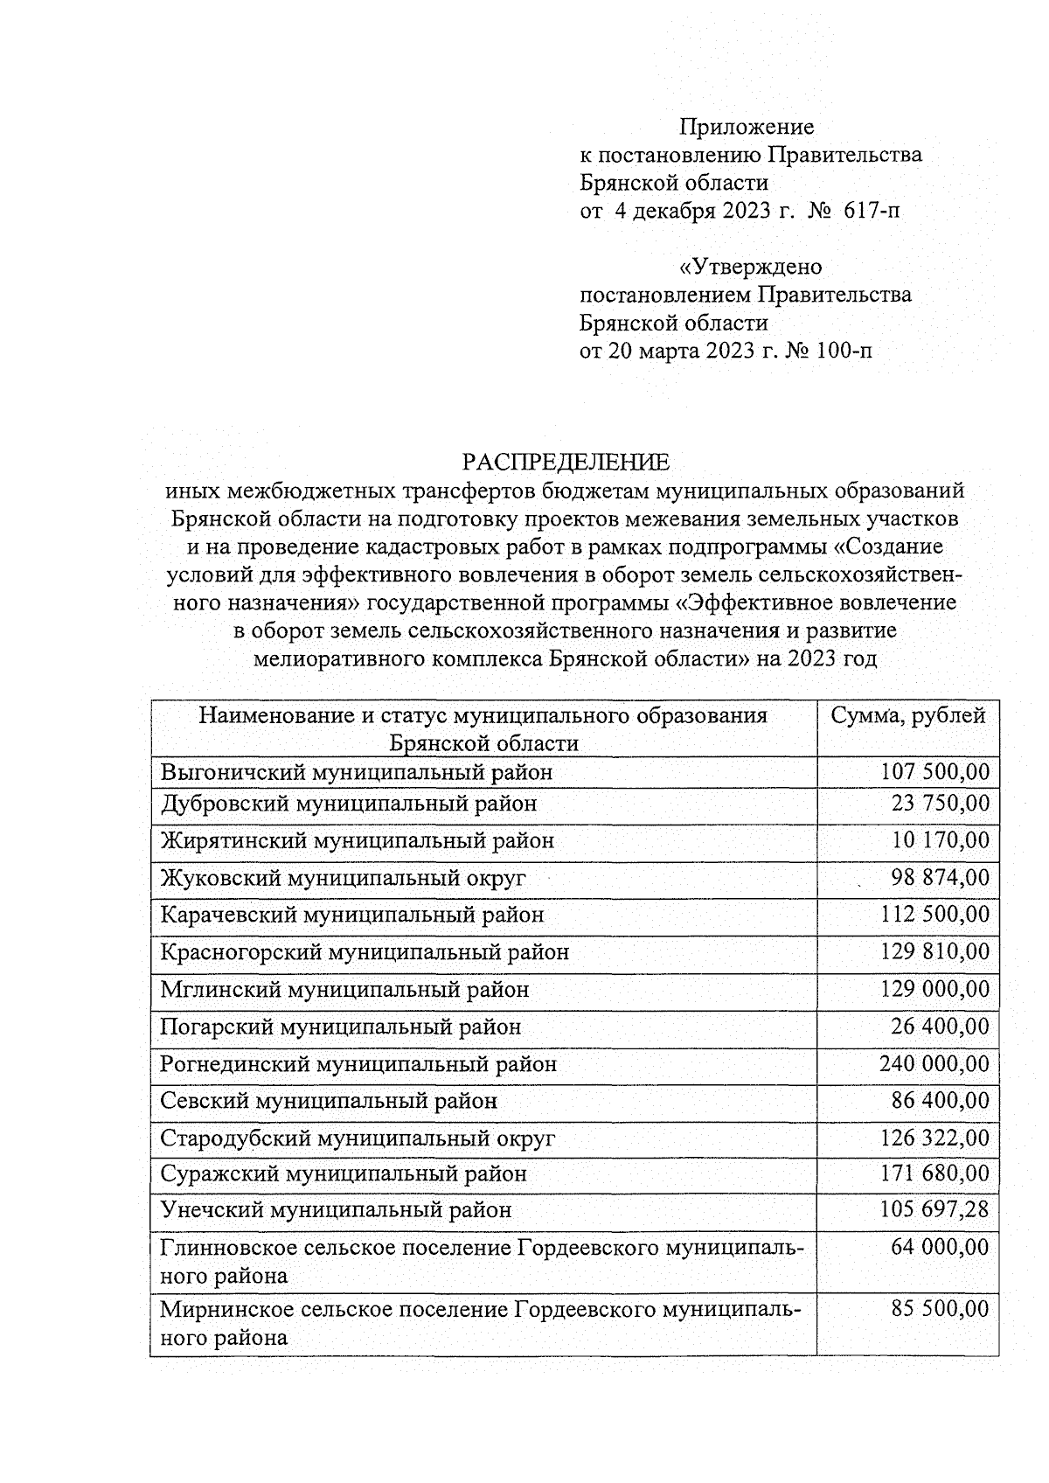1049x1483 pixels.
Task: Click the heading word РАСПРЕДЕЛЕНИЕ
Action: pos(566,462)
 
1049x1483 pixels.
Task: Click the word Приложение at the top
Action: pos(747,128)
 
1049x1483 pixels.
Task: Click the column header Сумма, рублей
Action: pos(907,716)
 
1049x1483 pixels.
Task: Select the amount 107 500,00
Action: pos(934,772)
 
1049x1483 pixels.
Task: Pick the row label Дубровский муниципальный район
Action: pos(348,803)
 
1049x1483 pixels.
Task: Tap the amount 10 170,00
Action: pos(940,840)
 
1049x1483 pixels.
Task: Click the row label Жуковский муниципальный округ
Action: pos(343,878)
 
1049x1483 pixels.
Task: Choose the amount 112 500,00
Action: pos(934,915)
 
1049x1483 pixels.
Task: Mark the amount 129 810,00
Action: pos(934,951)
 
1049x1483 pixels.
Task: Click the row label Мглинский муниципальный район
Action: pos(344,990)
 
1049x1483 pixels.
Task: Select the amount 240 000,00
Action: pos(934,1064)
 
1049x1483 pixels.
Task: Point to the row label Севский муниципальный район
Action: pos(329,1102)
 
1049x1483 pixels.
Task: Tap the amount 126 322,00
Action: pos(934,1138)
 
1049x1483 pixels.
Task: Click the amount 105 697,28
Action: pos(934,1210)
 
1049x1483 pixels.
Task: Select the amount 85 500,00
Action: pos(940,1310)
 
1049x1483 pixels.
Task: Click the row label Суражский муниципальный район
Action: pos(344,1174)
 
